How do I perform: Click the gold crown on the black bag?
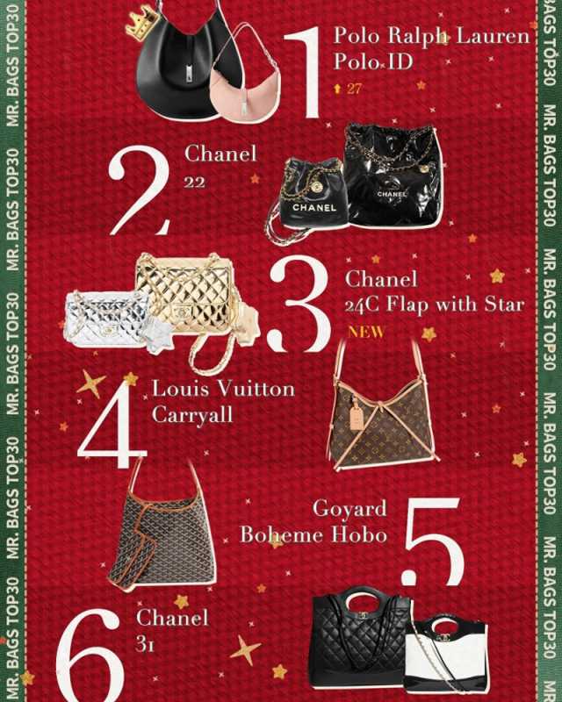point(141,23)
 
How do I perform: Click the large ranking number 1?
point(304,73)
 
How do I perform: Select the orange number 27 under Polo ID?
point(354,89)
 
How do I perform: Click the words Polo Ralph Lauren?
point(432,35)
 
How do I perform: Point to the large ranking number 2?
point(139,190)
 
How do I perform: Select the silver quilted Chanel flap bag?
point(107,319)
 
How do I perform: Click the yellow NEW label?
point(366,332)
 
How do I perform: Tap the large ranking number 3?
point(299,305)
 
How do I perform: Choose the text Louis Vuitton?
point(223,389)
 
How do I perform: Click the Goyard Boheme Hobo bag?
point(162,528)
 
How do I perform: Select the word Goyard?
point(349,509)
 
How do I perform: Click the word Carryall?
point(192,415)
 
